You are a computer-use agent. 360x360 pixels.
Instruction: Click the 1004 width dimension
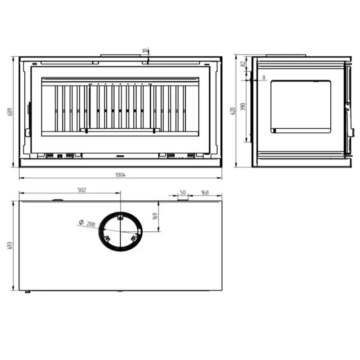pos(120,175)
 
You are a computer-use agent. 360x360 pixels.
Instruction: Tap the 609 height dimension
pos(10,112)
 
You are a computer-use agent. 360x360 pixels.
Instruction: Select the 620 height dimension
pos(233,111)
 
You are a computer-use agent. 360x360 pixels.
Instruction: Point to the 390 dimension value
pos(243,107)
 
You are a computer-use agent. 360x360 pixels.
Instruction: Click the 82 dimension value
pos(243,63)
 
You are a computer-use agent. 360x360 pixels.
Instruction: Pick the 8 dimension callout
pos(264,77)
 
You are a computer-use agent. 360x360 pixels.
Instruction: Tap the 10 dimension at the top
pos(144,50)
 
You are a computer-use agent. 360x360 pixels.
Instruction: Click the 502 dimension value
pos(82,190)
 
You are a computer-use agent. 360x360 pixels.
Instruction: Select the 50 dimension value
pos(183,193)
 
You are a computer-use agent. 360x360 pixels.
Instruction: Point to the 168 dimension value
pos(205,193)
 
